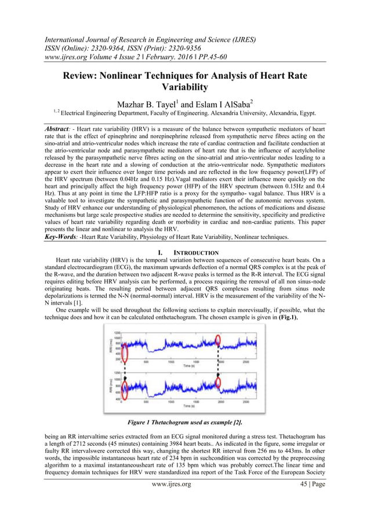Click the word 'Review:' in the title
pos(84,76)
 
